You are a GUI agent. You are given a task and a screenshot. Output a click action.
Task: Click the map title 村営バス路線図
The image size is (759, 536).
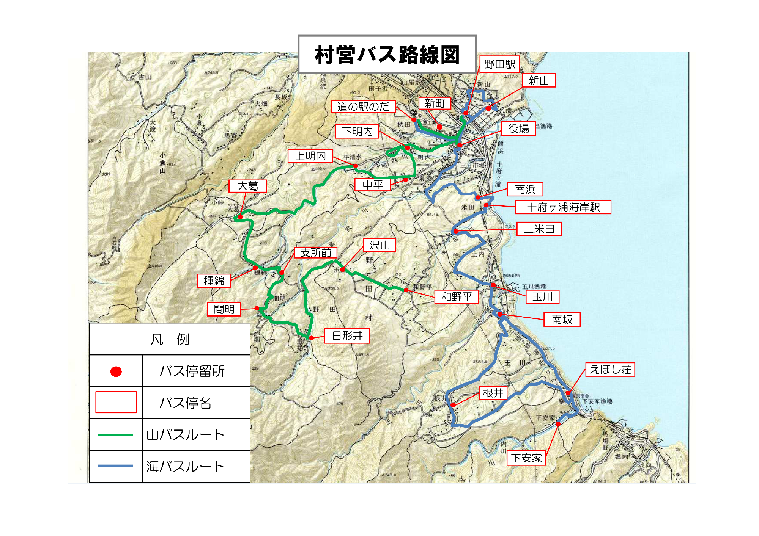pos(387,55)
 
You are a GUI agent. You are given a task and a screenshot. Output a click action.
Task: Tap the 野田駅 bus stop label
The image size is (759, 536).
pos(499,64)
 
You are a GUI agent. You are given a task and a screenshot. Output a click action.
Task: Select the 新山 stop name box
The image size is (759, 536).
pos(539,80)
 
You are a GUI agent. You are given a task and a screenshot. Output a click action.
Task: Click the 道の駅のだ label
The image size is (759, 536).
pos(363,107)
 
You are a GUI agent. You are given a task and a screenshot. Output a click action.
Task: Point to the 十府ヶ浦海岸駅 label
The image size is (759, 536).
pos(563,207)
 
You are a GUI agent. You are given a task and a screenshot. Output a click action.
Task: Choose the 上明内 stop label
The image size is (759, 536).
pos(310,156)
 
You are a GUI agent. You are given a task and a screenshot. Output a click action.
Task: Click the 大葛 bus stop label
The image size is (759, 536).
pos(247,186)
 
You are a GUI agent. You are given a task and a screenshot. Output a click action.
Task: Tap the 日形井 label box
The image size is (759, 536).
pos(347,335)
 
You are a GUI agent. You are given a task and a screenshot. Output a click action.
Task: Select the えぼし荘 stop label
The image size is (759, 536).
pos(610,370)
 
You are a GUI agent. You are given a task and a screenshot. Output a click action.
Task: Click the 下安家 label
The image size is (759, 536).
pos(526,458)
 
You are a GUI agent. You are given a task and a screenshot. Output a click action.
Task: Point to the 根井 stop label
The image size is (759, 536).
pos(493,393)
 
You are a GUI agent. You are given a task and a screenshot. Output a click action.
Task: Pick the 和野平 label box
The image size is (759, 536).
pos(457,297)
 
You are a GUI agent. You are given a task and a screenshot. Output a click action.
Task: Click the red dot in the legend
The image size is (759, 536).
pos(116,371)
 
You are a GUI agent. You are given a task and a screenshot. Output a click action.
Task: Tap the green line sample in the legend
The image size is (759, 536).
pos(115,435)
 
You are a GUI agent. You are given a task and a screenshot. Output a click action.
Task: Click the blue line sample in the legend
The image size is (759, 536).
pos(115,466)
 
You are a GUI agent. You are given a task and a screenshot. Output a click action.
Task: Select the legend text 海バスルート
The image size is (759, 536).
pos(186,467)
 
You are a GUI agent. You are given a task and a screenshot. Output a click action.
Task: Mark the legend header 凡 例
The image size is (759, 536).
pos(170,339)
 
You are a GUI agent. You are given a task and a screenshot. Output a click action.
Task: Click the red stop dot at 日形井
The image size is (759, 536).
pos(311,338)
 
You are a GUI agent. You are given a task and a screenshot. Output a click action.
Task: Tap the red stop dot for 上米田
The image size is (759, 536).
pos(456,231)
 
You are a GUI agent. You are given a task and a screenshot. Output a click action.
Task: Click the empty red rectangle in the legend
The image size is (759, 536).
pos(116,402)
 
